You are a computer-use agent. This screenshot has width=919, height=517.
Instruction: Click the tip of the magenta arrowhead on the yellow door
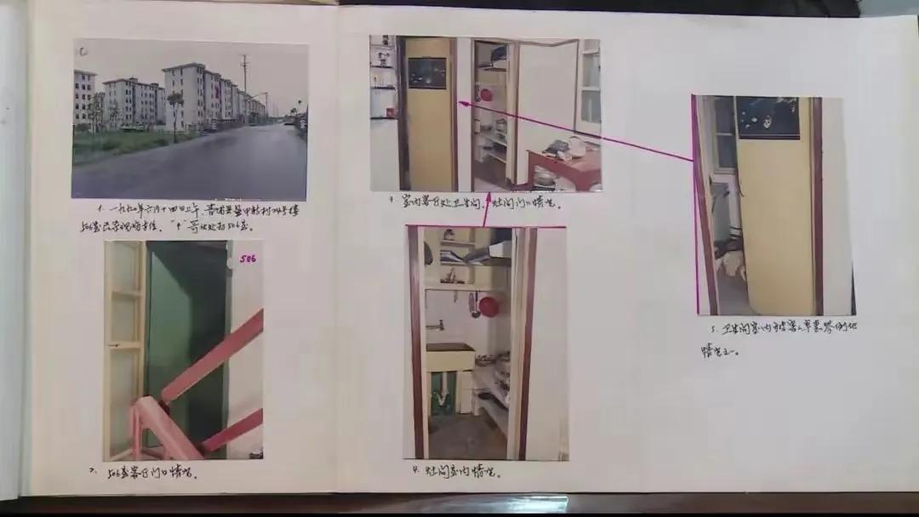tap(460, 103)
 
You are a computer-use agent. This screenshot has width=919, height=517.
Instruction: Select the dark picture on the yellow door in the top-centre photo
tap(427, 72)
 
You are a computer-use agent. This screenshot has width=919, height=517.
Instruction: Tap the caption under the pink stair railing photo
tap(143, 473)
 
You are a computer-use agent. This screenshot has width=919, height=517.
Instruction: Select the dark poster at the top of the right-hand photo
tap(768, 117)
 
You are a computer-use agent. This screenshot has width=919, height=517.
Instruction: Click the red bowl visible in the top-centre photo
tap(486, 94)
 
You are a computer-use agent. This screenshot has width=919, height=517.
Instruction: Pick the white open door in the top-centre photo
tap(545, 102)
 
